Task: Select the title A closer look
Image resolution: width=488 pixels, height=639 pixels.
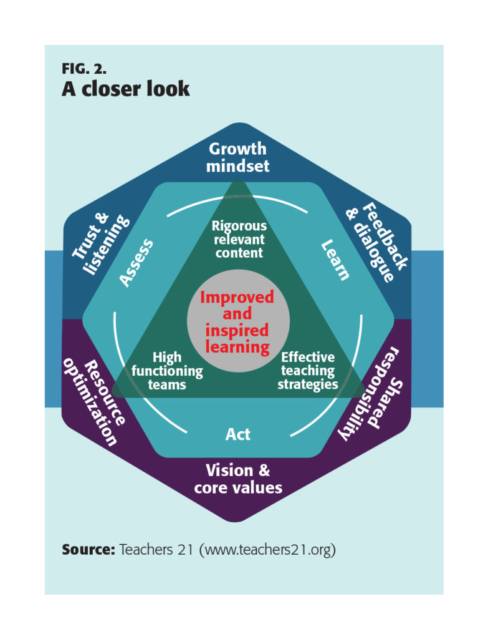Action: tap(125, 89)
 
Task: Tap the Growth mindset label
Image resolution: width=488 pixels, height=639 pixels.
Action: tap(237, 157)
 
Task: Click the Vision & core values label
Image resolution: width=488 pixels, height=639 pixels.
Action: tap(238, 479)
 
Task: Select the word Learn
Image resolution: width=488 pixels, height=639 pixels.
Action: tap(335, 260)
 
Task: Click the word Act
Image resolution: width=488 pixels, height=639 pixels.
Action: tap(238, 434)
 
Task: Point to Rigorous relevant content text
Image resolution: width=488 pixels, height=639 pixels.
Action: tap(239, 239)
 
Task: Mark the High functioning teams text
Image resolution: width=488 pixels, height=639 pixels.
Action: tap(167, 371)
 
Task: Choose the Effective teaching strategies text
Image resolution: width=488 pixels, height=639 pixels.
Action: tap(308, 371)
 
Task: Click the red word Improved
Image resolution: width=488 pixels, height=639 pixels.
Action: tap(237, 297)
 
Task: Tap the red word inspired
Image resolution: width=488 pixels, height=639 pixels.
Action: tap(237, 331)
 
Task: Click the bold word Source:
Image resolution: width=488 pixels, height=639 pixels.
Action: tap(88, 550)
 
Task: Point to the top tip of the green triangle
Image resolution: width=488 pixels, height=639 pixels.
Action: tap(238, 179)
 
